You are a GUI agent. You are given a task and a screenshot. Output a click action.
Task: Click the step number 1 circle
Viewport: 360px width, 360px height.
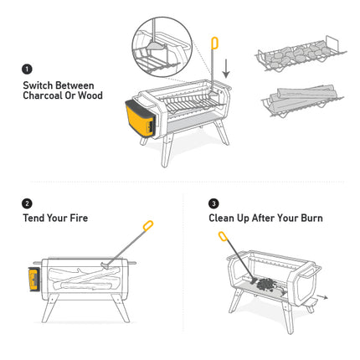(27, 69)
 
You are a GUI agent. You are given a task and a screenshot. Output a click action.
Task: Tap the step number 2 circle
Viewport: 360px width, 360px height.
(27, 203)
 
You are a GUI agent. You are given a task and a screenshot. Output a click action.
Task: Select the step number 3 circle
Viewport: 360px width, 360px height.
(213, 203)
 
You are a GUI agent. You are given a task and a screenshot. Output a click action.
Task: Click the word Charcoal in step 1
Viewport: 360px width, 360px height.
(43, 95)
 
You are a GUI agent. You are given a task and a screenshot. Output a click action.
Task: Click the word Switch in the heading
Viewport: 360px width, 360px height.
(39, 85)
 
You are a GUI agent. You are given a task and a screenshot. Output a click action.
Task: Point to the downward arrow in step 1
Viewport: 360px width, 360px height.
(226, 69)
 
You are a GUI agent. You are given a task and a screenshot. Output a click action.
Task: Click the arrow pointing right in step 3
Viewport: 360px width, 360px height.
(322, 296)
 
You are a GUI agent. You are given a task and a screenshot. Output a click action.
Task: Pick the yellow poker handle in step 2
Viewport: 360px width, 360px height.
(148, 225)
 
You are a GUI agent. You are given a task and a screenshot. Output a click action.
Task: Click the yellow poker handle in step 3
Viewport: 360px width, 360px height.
(223, 236)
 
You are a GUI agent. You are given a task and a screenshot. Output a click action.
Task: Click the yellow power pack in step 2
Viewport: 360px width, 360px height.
(34, 280)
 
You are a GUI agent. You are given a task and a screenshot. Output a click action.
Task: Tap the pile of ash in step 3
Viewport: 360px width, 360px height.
(266, 285)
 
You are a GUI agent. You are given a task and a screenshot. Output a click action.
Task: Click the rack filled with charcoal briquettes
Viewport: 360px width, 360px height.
(301, 55)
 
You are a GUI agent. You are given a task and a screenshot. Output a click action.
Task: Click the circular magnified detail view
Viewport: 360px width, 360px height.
(162, 47)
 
